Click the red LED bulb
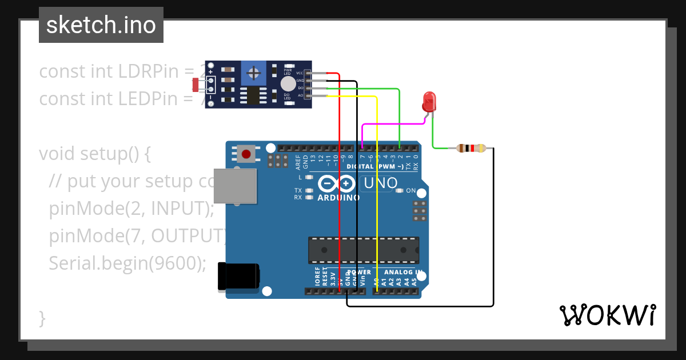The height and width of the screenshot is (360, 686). [x=429, y=102]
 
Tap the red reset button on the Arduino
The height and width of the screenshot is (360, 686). [x=246, y=154]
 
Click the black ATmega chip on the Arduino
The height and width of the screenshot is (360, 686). [x=363, y=250]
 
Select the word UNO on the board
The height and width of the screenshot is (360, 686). [x=380, y=183]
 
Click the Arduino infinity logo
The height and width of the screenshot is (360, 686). [x=337, y=184]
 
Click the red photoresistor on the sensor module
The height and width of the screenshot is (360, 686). [x=196, y=85]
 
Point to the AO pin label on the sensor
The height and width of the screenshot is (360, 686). [x=300, y=95]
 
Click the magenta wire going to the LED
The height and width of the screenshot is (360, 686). [x=394, y=123]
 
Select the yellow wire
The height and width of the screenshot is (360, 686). [x=377, y=189]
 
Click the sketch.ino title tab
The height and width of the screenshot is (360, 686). [x=101, y=25]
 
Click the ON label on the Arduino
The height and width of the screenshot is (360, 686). [x=410, y=191]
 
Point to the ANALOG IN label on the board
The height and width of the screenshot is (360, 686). [x=403, y=273]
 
